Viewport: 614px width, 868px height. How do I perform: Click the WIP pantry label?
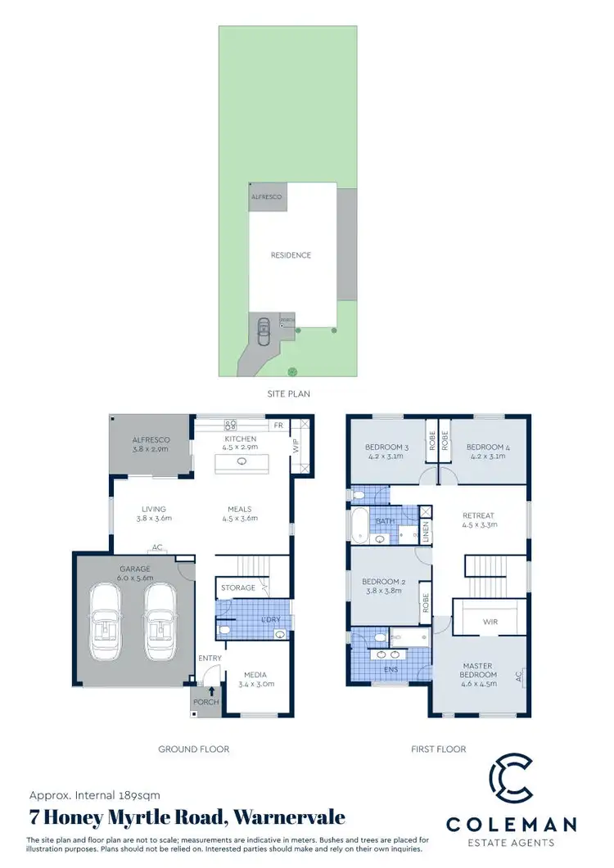pos(296,448)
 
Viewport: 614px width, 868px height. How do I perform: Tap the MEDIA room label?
pos(258,676)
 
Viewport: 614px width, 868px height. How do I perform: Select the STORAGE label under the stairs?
pos(236,587)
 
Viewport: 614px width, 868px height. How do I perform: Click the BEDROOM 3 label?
pos(387,447)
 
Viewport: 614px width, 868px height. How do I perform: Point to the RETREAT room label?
pos(479,515)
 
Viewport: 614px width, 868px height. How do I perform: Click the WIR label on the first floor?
pos(491,621)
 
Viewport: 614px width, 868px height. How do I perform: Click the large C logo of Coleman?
pos(509,782)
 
